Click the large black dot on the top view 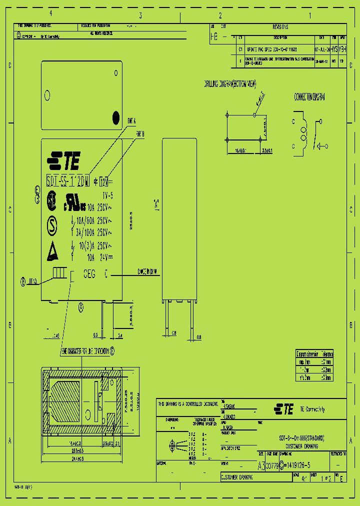coord(116,117)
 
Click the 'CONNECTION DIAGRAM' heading coord(309,96)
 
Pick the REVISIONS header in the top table coord(280,27)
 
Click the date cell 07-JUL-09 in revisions coord(322,50)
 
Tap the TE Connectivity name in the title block coord(312,409)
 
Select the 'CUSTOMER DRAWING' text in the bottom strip coord(236,477)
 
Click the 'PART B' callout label coord(139,134)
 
